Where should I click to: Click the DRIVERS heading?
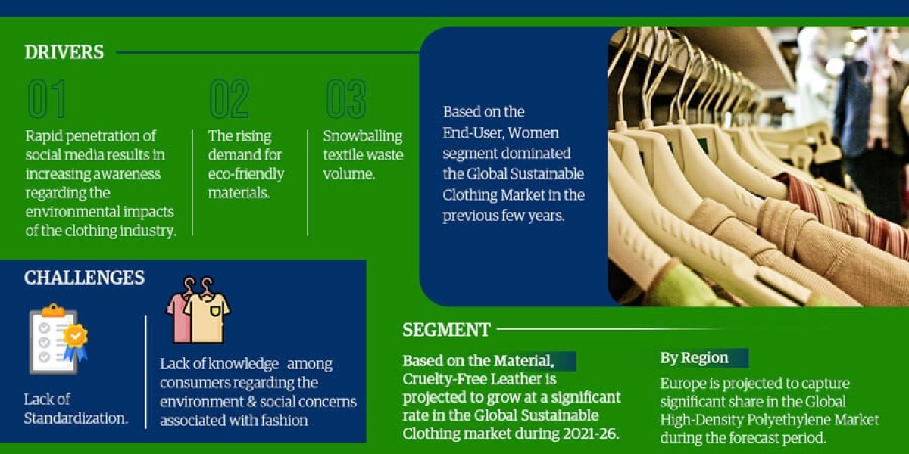[64, 52]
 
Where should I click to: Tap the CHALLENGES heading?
[84, 278]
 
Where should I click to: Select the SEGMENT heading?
[446, 330]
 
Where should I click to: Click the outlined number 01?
[47, 98]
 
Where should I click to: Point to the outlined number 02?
[230, 98]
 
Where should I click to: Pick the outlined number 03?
[345, 98]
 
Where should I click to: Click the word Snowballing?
[363, 137]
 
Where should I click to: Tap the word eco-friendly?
[246, 174]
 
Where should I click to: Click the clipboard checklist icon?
[54, 340]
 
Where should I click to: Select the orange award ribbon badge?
[76, 342]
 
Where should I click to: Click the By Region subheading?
[694, 359]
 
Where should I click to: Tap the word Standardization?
[76, 418]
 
